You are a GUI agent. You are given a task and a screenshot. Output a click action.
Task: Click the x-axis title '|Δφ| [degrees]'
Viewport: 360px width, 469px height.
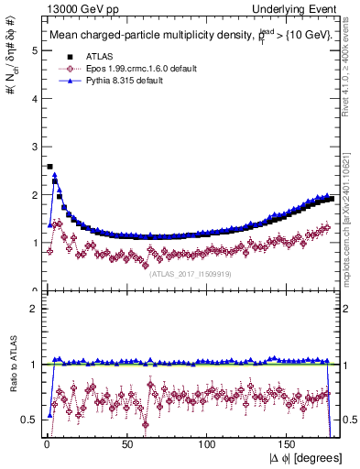click(304, 458)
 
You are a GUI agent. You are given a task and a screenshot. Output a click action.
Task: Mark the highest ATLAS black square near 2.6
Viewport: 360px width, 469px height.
click(49, 167)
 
